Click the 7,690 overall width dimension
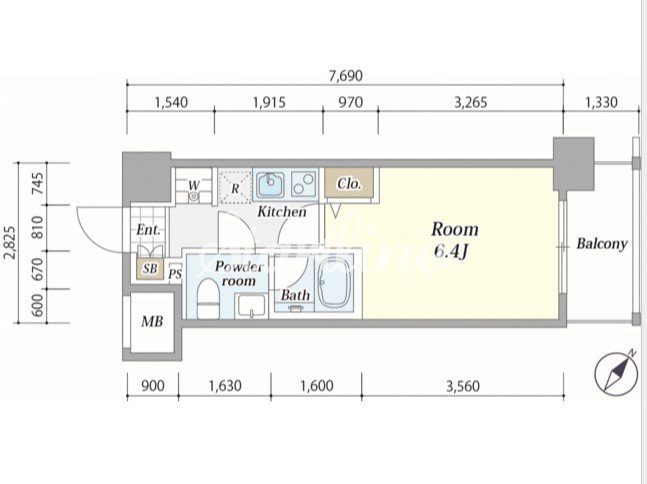pos(345,76)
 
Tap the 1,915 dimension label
pos(269,102)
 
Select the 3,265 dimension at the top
pos(471,102)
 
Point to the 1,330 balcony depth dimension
pos(601,102)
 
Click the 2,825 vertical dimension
pos(10,243)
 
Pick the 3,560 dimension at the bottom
pos(463,386)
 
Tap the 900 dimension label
pos(153,386)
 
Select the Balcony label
pos(602,243)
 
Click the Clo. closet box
pos(349,182)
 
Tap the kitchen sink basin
pos(271,184)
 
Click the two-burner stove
pos(304,184)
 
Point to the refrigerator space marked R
pos(235,186)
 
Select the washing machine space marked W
pos(194,186)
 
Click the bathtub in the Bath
pos(334,283)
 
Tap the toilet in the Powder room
pos(208,298)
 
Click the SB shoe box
pos(150,269)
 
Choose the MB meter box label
pos(152,321)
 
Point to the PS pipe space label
pos(176,274)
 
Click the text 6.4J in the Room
pos(451,250)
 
